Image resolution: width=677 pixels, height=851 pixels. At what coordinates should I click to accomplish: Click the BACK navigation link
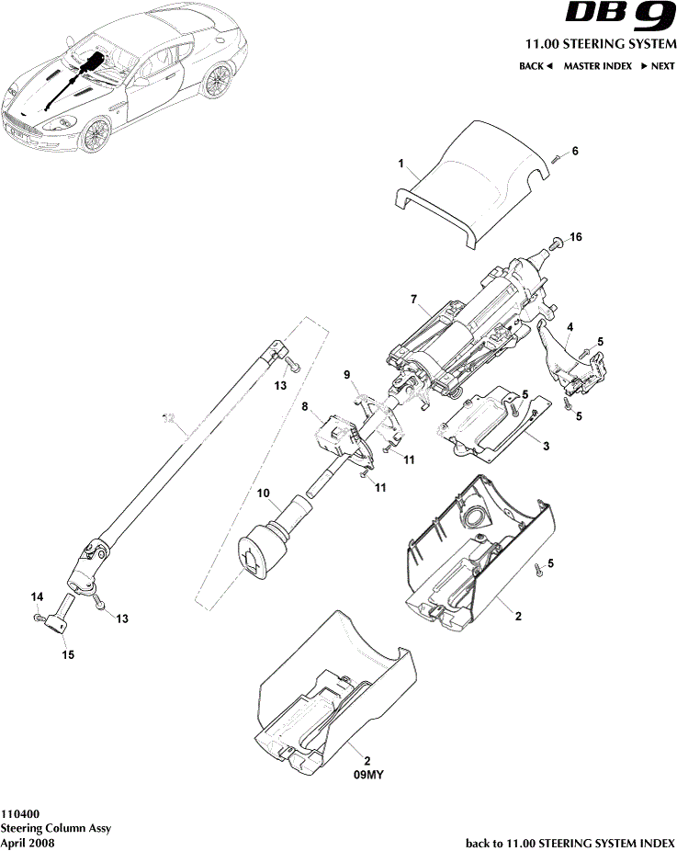point(536,66)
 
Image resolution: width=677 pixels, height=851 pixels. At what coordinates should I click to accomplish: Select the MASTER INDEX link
point(597,66)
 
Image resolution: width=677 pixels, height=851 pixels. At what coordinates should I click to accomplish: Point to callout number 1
point(401,163)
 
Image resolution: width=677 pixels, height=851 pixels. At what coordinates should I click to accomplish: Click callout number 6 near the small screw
point(575,152)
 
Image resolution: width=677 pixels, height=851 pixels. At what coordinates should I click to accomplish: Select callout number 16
point(576,237)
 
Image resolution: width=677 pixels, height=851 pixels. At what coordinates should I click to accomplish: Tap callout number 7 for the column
point(414,300)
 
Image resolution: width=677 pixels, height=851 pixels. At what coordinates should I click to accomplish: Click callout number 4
point(570,327)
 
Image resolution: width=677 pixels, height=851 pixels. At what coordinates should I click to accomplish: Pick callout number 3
point(546,446)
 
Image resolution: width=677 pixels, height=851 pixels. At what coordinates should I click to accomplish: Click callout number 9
point(347,374)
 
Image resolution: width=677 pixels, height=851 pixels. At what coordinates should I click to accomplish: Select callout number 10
point(263,494)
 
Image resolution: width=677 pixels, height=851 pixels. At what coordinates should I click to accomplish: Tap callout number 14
point(38,597)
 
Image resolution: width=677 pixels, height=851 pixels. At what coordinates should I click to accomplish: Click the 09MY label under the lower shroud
point(367,775)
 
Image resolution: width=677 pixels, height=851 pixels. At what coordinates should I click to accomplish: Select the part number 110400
point(19,813)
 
